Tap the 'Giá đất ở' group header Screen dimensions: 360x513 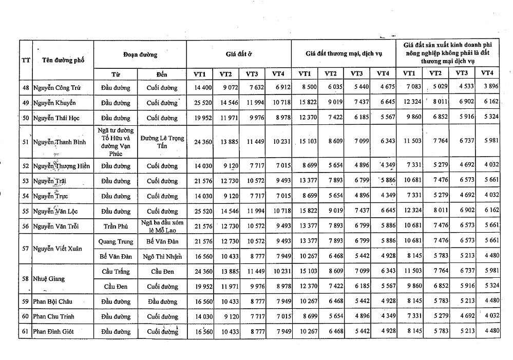click(x=238, y=53)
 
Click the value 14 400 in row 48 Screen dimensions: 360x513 click(x=203, y=88)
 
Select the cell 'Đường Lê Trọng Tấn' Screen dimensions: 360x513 click(x=162, y=142)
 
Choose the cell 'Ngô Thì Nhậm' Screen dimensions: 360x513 click(x=162, y=256)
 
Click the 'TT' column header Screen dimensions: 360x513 click(x=25, y=60)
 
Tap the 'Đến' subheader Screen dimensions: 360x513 click(x=162, y=74)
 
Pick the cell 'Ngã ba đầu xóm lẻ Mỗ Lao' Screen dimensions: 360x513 click(x=162, y=226)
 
